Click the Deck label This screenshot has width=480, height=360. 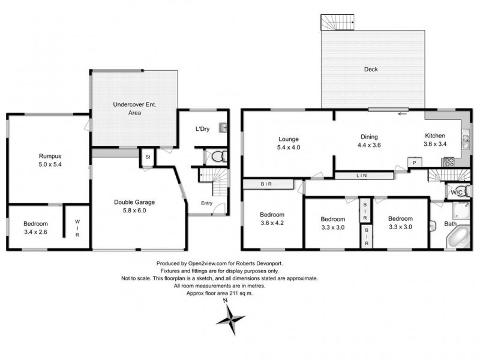tap(371, 70)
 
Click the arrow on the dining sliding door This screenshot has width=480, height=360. tap(401, 113)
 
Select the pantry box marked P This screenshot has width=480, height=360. tap(413, 162)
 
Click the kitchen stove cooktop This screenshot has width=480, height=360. tap(449, 161)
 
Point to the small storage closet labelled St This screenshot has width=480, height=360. tap(147, 157)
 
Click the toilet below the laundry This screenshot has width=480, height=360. tap(217, 157)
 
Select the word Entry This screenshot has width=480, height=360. tap(206, 203)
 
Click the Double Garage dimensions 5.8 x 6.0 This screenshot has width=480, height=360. tap(130, 211)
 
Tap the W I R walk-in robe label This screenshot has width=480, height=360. tap(77, 227)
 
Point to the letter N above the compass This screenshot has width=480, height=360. tap(225, 301)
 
